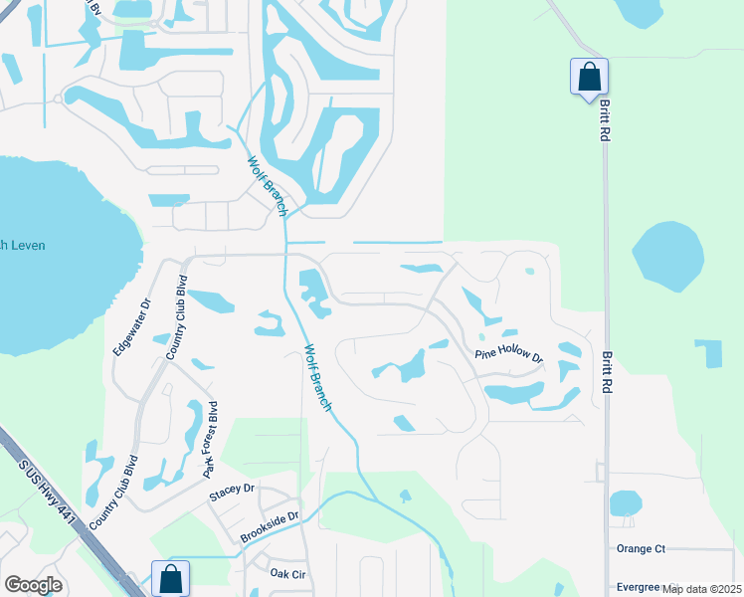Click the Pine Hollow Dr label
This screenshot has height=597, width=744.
(x=508, y=355)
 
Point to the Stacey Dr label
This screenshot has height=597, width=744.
(x=233, y=489)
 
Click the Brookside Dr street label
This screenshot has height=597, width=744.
(x=269, y=528)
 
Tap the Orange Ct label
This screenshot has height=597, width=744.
(x=641, y=548)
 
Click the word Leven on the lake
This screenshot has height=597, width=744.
(x=27, y=245)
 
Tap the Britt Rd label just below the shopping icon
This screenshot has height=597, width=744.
(x=604, y=123)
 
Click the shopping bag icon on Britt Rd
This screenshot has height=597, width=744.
(x=589, y=76)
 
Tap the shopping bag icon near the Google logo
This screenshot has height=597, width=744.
(x=170, y=577)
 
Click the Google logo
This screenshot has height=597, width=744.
(x=33, y=585)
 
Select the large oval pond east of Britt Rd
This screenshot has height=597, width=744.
(x=667, y=257)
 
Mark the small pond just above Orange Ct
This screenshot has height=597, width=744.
(x=625, y=503)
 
